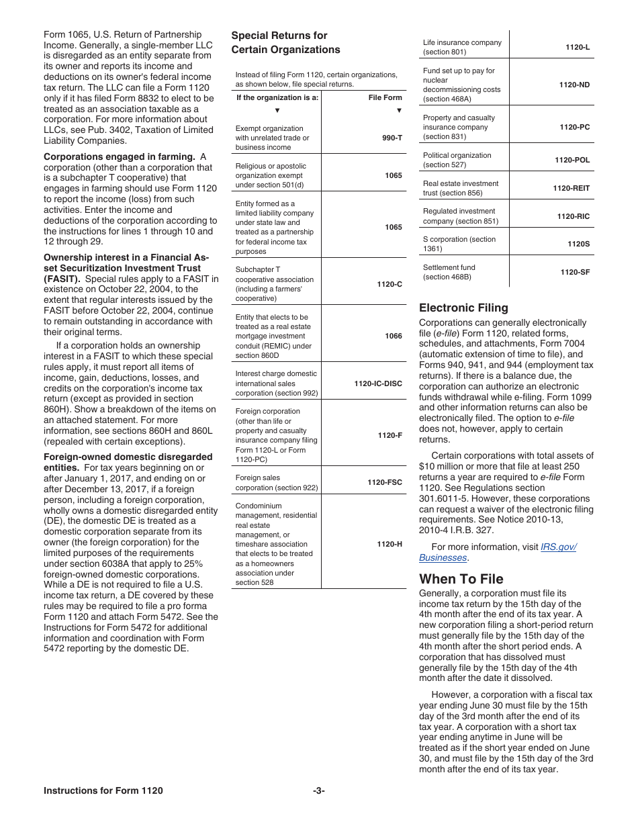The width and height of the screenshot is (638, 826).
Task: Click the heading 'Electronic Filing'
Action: pos(463,308)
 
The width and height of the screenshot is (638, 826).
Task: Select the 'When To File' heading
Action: pos(461,579)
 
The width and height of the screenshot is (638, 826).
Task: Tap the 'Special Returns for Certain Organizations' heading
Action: pos(285,42)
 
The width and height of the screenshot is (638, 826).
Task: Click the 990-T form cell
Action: pos(392,138)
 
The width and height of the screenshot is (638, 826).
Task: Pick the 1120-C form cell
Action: pos(390,284)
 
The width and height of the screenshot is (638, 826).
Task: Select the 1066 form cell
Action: pos(394,336)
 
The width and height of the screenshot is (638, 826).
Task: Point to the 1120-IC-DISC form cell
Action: pos(378,383)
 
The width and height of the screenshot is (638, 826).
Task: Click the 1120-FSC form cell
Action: pos(384,482)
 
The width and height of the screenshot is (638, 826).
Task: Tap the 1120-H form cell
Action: pos(390,544)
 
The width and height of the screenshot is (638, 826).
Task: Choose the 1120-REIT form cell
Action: pos(571,188)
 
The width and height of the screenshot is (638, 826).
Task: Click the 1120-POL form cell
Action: pos(572,160)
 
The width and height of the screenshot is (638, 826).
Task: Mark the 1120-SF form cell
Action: pos(575,272)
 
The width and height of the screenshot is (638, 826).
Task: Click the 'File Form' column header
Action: pos(385,97)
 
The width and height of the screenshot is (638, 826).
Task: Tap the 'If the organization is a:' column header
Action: pos(277,97)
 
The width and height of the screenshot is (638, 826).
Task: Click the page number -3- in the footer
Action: pos(318,791)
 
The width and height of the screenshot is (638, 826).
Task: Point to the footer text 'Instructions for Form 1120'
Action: pos(103,791)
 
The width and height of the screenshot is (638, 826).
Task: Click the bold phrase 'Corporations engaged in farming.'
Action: pos(119,156)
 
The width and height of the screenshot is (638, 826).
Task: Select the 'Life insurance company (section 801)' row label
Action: pos(462,47)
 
